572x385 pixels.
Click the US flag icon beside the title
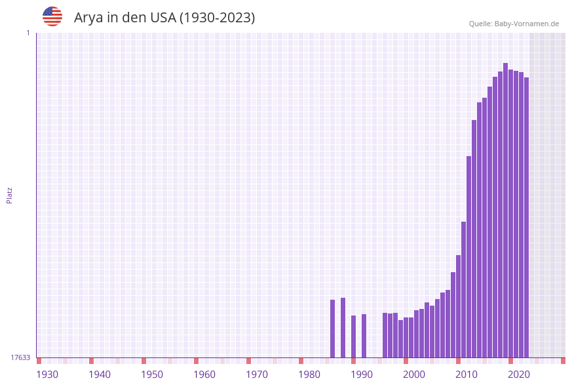coord(52,16)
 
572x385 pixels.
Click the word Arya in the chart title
coord(88,18)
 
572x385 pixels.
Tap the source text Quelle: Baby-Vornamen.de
coord(514,24)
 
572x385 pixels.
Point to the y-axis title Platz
coord(10,195)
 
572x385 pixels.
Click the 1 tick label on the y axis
coord(28,33)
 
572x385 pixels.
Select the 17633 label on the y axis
coord(20,357)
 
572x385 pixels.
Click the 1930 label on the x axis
coord(47,374)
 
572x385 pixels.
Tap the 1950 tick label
coord(152,374)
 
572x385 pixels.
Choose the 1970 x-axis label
coord(257,374)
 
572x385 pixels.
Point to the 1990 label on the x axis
coord(362,374)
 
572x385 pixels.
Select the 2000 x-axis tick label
coord(414,374)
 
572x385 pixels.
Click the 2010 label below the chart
coord(467,374)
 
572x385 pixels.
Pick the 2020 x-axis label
coord(519,374)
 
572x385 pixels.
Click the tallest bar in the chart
coord(505,210)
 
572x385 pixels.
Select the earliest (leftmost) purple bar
coord(332,328)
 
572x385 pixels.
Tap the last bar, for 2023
coord(526,216)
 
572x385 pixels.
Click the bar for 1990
coord(364,335)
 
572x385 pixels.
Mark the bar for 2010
coord(468,256)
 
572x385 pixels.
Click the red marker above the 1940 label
coord(91,361)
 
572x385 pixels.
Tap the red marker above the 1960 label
coord(196,361)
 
